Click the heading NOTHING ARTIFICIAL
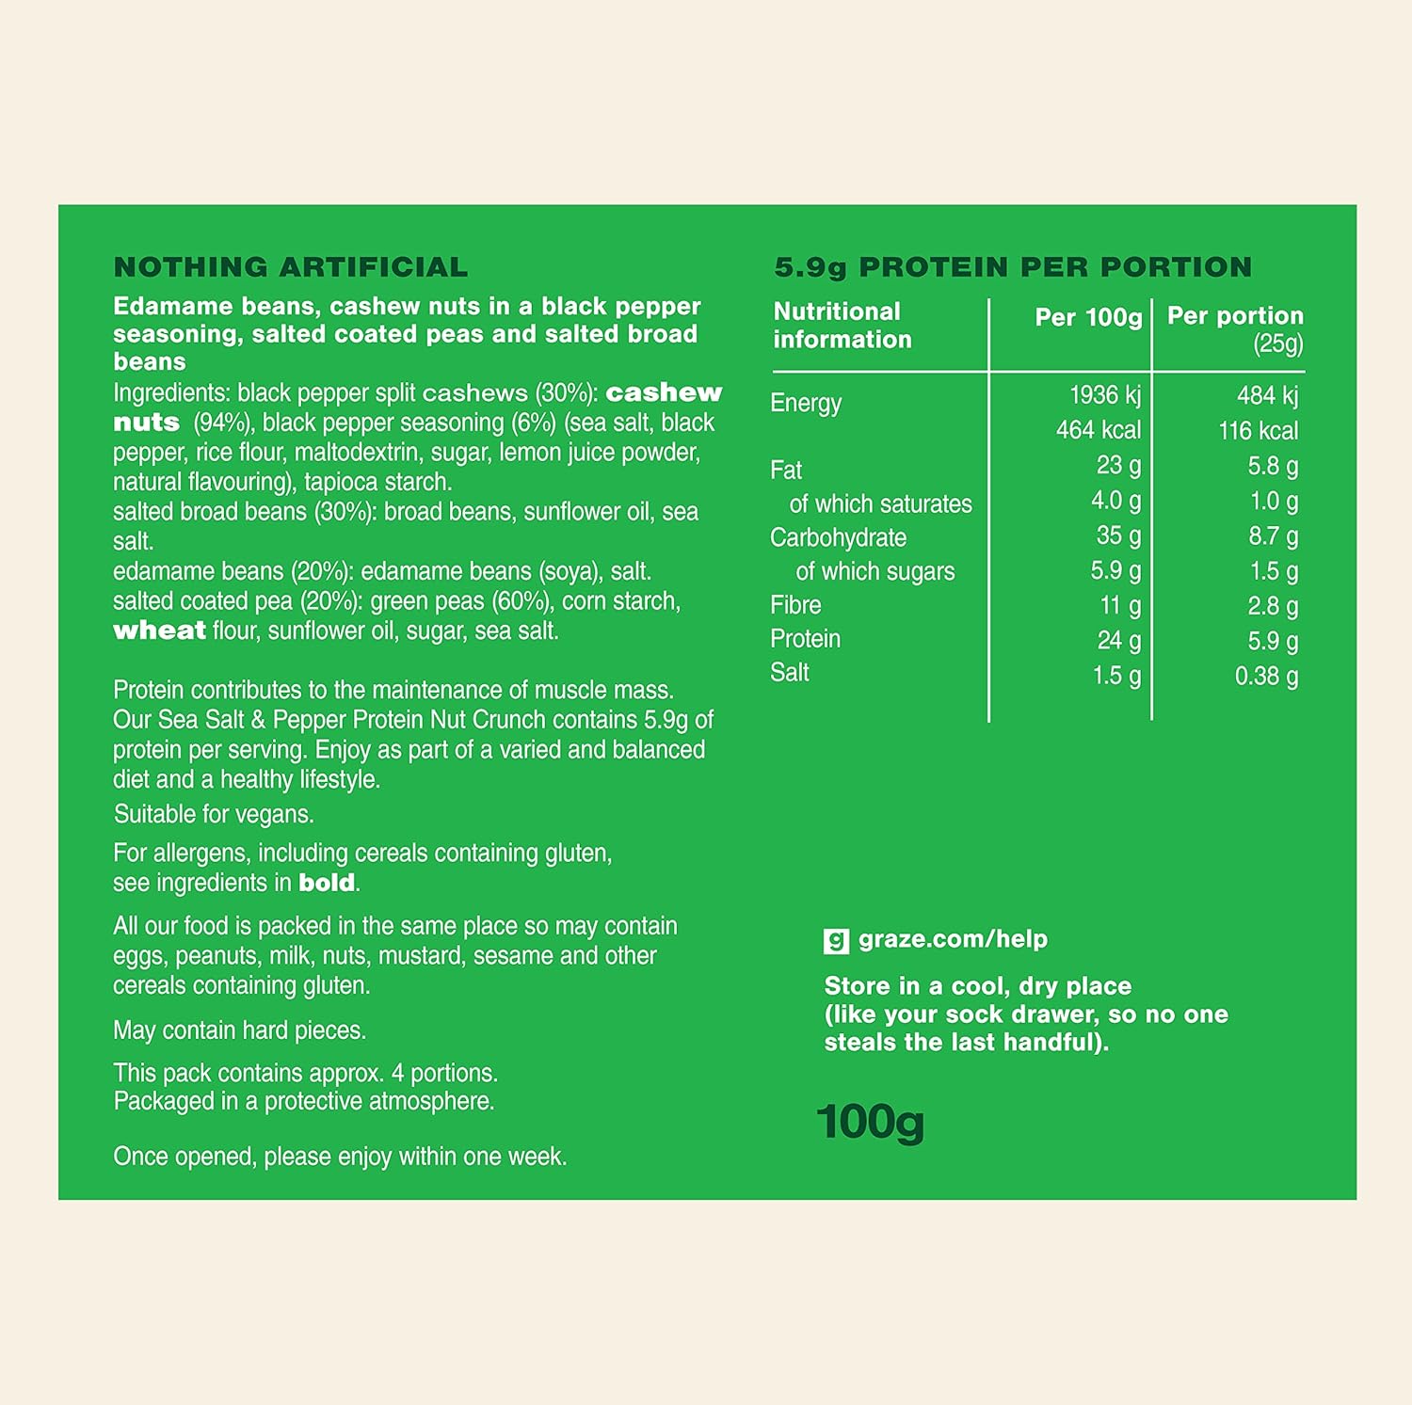(290, 267)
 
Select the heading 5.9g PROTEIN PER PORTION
(1013, 267)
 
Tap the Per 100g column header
(1088, 317)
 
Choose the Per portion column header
(1235, 316)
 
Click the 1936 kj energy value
(1104, 395)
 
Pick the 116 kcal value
(1258, 431)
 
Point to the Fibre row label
(795, 605)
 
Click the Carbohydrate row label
(838, 537)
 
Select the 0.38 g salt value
(1266, 676)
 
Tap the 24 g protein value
(1118, 641)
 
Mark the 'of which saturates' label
(880, 504)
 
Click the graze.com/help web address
(953, 939)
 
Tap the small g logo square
(836, 940)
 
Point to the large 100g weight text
(870, 1122)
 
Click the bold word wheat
(159, 631)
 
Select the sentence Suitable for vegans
(214, 814)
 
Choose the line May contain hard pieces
(239, 1030)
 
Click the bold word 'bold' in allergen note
(327, 883)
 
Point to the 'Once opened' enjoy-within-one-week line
(340, 1157)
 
